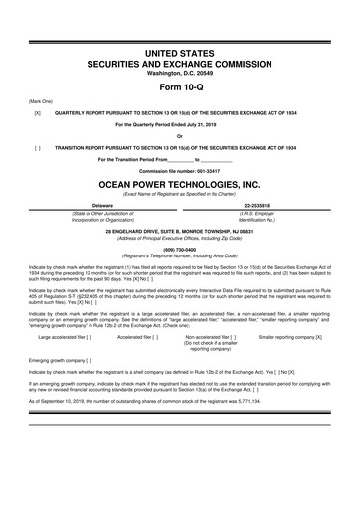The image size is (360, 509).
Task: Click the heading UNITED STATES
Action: click(x=179, y=51)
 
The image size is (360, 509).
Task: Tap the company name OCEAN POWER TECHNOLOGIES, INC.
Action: click(x=179, y=184)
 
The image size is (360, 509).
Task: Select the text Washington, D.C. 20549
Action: click(x=179, y=73)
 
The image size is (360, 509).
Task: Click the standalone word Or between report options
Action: click(x=179, y=136)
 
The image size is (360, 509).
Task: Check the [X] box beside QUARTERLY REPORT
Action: click(x=37, y=112)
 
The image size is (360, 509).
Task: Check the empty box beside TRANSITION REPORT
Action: click(x=37, y=147)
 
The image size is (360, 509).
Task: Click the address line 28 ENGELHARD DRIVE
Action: click(x=179, y=230)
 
